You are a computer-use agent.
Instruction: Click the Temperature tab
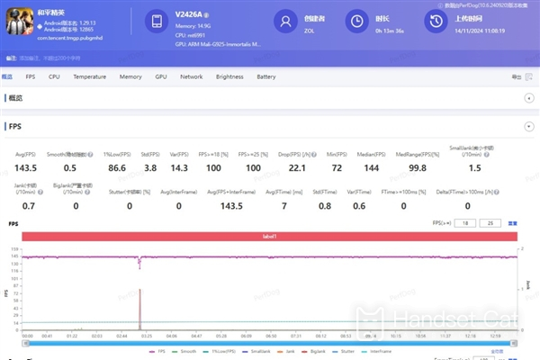(x=89, y=77)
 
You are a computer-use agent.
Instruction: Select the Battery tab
(x=266, y=77)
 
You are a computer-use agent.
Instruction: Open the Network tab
(x=192, y=77)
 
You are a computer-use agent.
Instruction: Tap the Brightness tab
(x=229, y=77)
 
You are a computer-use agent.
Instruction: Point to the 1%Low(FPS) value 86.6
(x=115, y=167)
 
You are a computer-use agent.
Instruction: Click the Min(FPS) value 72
(x=337, y=167)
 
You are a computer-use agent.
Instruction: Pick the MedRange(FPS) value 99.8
(x=417, y=167)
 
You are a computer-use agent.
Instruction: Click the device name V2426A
(x=191, y=15)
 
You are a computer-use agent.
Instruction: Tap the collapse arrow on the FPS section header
(x=528, y=127)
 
